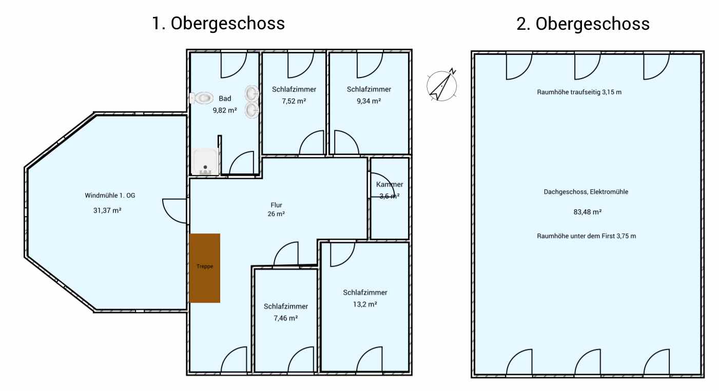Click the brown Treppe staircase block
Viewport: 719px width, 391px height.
pyautogui.click(x=204, y=268)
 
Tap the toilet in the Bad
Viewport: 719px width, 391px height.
pyautogui.click(x=201, y=98)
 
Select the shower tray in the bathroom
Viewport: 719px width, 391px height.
pyautogui.click(x=205, y=162)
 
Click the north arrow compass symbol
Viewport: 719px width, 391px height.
pyautogui.click(x=442, y=85)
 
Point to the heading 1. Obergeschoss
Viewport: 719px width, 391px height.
pyautogui.click(x=218, y=24)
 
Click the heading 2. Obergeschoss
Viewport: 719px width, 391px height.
pyautogui.click(x=583, y=24)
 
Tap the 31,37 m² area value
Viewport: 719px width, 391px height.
pyautogui.click(x=107, y=210)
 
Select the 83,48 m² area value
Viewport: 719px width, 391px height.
pyautogui.click(x=588, y=212)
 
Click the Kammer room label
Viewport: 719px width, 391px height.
pyautogui.click(x=390, y=184)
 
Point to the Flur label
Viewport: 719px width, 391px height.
pyautogui.click(x=276, y=205)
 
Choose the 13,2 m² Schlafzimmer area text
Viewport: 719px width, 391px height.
pyautogui.click(x=365, y=304)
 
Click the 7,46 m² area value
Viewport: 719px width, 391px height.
pyautogui.click(x=286, y=318)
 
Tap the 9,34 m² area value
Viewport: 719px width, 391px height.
pyautogui.click(x=369, y=101)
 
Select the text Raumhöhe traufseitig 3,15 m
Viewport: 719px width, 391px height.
pyautogui.click(x=579, y=92)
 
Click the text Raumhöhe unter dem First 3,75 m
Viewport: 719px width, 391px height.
pyautogui.click(x=586, y=236)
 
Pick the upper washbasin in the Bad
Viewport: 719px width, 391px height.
pyautogui.click(x=252, y=93)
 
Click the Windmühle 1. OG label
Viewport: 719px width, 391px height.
pyautogui.click(x=110, y=195)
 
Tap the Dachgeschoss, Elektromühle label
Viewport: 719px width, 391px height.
pyautogui.click(x=586, y=192)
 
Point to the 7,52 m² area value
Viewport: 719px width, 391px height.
pyautogui.click(x=294, y=101)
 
